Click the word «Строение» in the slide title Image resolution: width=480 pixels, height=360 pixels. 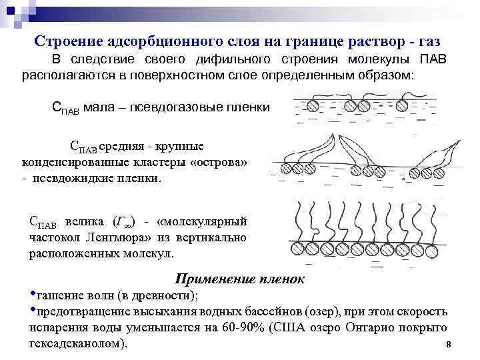(x=69, y=41)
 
